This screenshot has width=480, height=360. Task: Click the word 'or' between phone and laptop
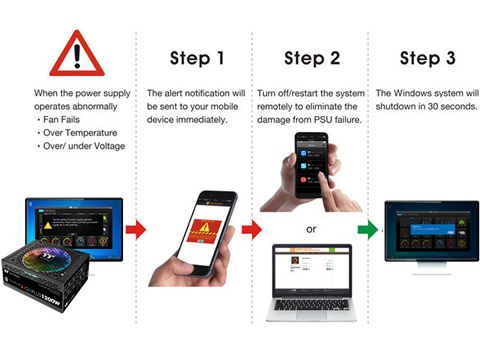311,229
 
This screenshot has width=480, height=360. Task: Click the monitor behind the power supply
75,225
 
